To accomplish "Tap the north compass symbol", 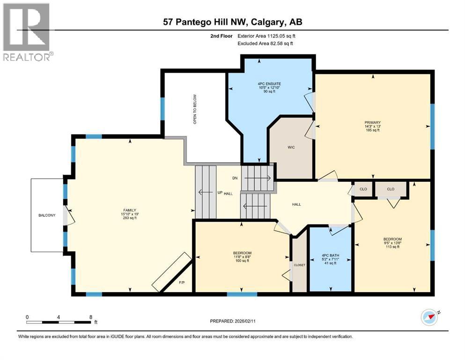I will pos(429,318).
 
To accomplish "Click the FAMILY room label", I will pos(130,210).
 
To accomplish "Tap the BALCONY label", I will pos(47,215).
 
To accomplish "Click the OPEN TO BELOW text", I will pos(194,109).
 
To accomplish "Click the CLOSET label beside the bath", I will pos(299,265).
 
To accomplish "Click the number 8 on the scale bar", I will pos(90,317).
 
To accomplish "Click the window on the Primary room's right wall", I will pos(432,127).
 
